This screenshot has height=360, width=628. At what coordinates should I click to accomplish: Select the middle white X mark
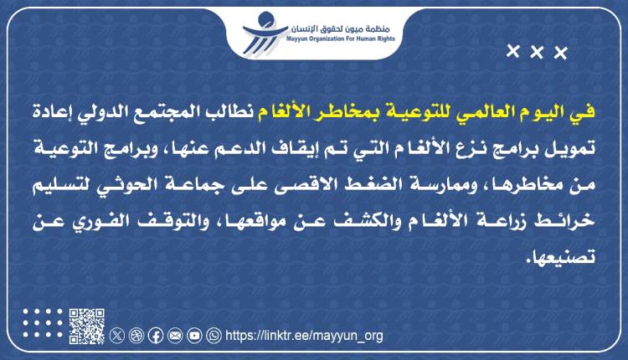[537, 54]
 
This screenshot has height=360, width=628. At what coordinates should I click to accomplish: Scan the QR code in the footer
[86, 327]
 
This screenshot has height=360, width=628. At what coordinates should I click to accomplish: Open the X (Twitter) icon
[117, 336]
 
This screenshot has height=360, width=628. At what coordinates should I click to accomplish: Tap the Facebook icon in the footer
[156, 336]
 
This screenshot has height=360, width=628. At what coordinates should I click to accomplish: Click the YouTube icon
[194, 336]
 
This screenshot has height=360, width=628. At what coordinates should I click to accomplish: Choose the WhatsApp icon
[214, 336]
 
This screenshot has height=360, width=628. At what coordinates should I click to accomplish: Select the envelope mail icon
[175, 336]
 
